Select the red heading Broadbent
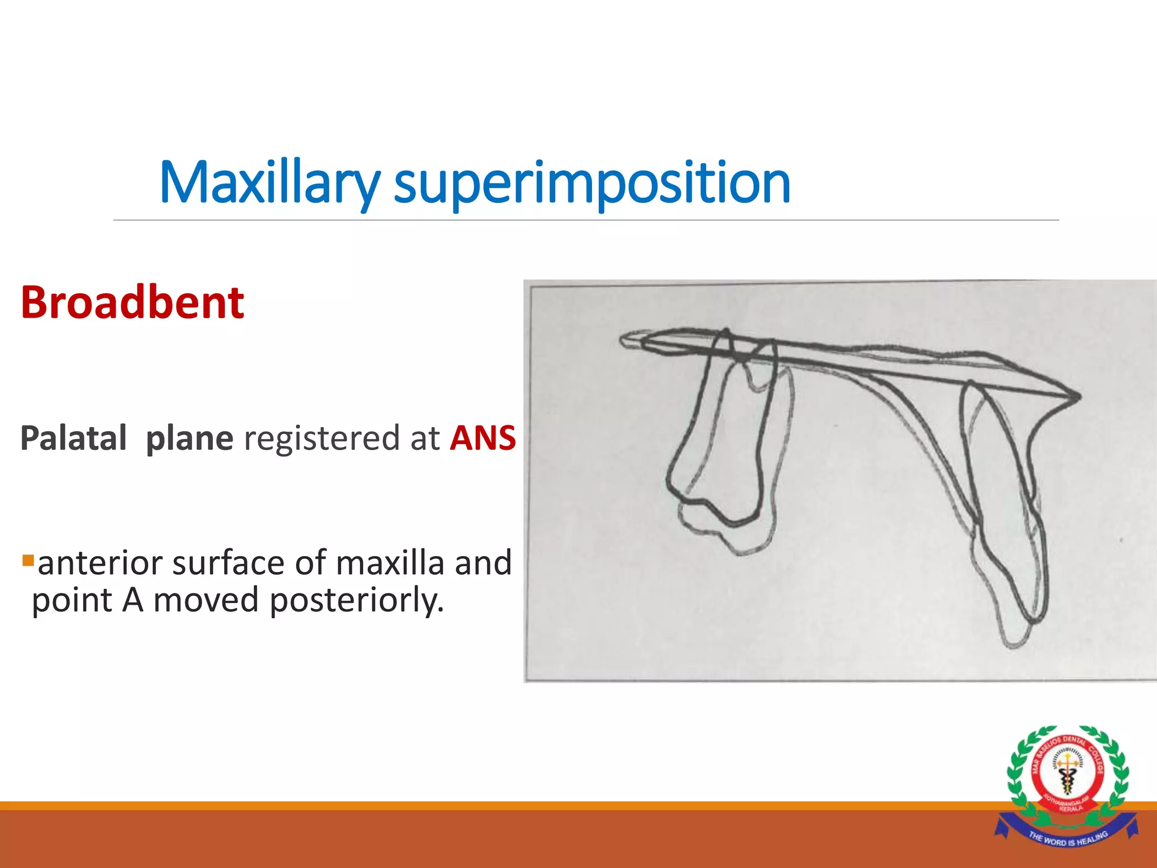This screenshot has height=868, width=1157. pyautogui.click(x=132, y=303)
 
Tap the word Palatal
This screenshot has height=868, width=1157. pyautogui.click(x=73, y=439)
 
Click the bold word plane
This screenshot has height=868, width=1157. pyautogui.click(x=189, y=439)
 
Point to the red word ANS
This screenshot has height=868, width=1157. pyautogui.click(x=482, y=439)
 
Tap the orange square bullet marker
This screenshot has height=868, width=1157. pyautogui.click(x=28, y=561)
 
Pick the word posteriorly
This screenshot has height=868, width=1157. pyautogui.click(x=356, y=600)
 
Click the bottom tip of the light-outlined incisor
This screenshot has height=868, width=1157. pyautogui.click(x=1014, y=644)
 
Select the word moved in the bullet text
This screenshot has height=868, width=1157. pyautogui.click(x=206, y=600)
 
